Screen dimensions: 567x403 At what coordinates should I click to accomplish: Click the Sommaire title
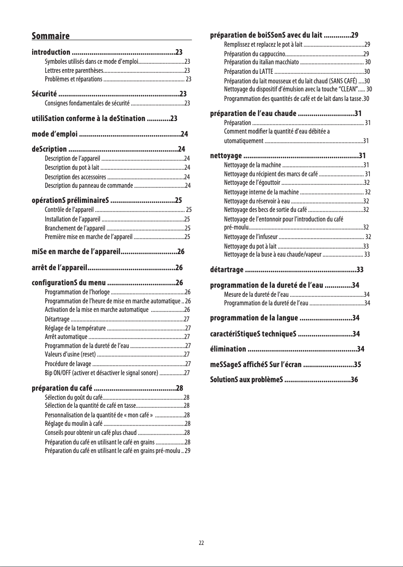tap(50, 36)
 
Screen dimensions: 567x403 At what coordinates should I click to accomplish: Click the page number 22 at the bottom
tap(201, 543)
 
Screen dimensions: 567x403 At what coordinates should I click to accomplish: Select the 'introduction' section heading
tap(51, 52)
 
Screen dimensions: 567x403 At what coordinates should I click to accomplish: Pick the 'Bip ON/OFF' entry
tap(101, 373)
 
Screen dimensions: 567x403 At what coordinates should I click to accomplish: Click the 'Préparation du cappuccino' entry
tap(254, 54)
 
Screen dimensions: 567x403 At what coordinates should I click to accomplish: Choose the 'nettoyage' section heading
tap(226, 155)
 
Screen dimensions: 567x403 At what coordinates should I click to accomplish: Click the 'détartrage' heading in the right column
tap(227, 270)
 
